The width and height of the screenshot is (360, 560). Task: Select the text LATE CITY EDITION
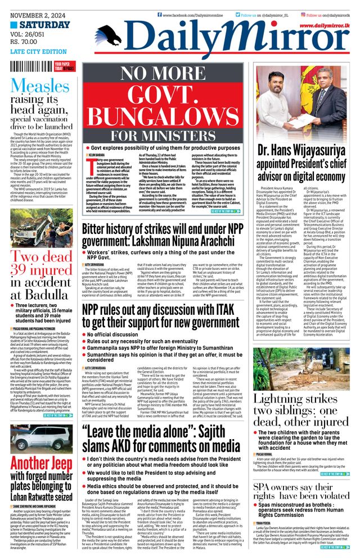[x=36, y=52]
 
